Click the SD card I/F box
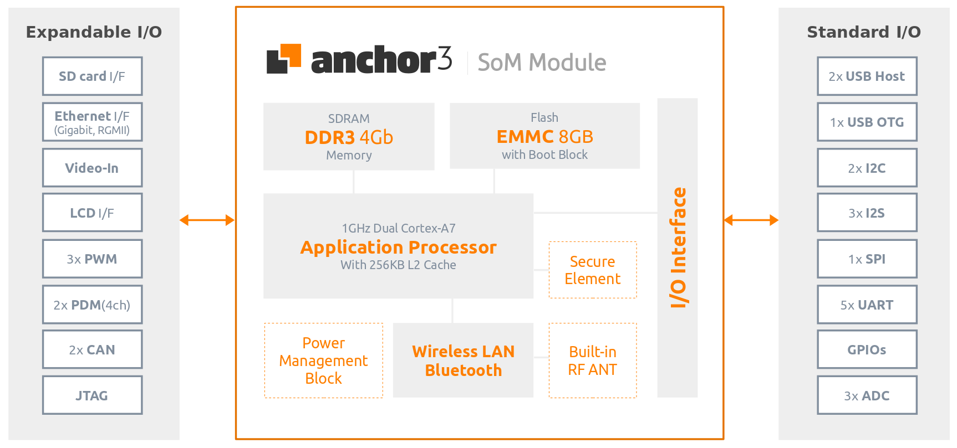coord(92,76)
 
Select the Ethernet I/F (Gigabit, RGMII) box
coord(92,122)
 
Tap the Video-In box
coord(92,168)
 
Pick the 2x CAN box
coord(92,349)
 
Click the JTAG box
coord(92,395)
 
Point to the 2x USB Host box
coord(867,76)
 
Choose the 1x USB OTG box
coord(867,122)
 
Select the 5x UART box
coord(867,305)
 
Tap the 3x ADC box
coord(867,395)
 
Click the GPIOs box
coord(867,349)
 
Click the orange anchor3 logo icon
coord(283,59)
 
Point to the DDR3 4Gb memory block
coord(349,137)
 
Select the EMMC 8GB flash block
coord(544,136)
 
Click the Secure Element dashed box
coord(592,270)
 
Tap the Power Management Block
coord(323,361)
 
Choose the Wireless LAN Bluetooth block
coord(463,361)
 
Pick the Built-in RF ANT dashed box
coord(592,361)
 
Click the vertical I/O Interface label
coord(678,248)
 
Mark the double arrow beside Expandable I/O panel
coord(207,220)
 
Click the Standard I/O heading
coord(863,32)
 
